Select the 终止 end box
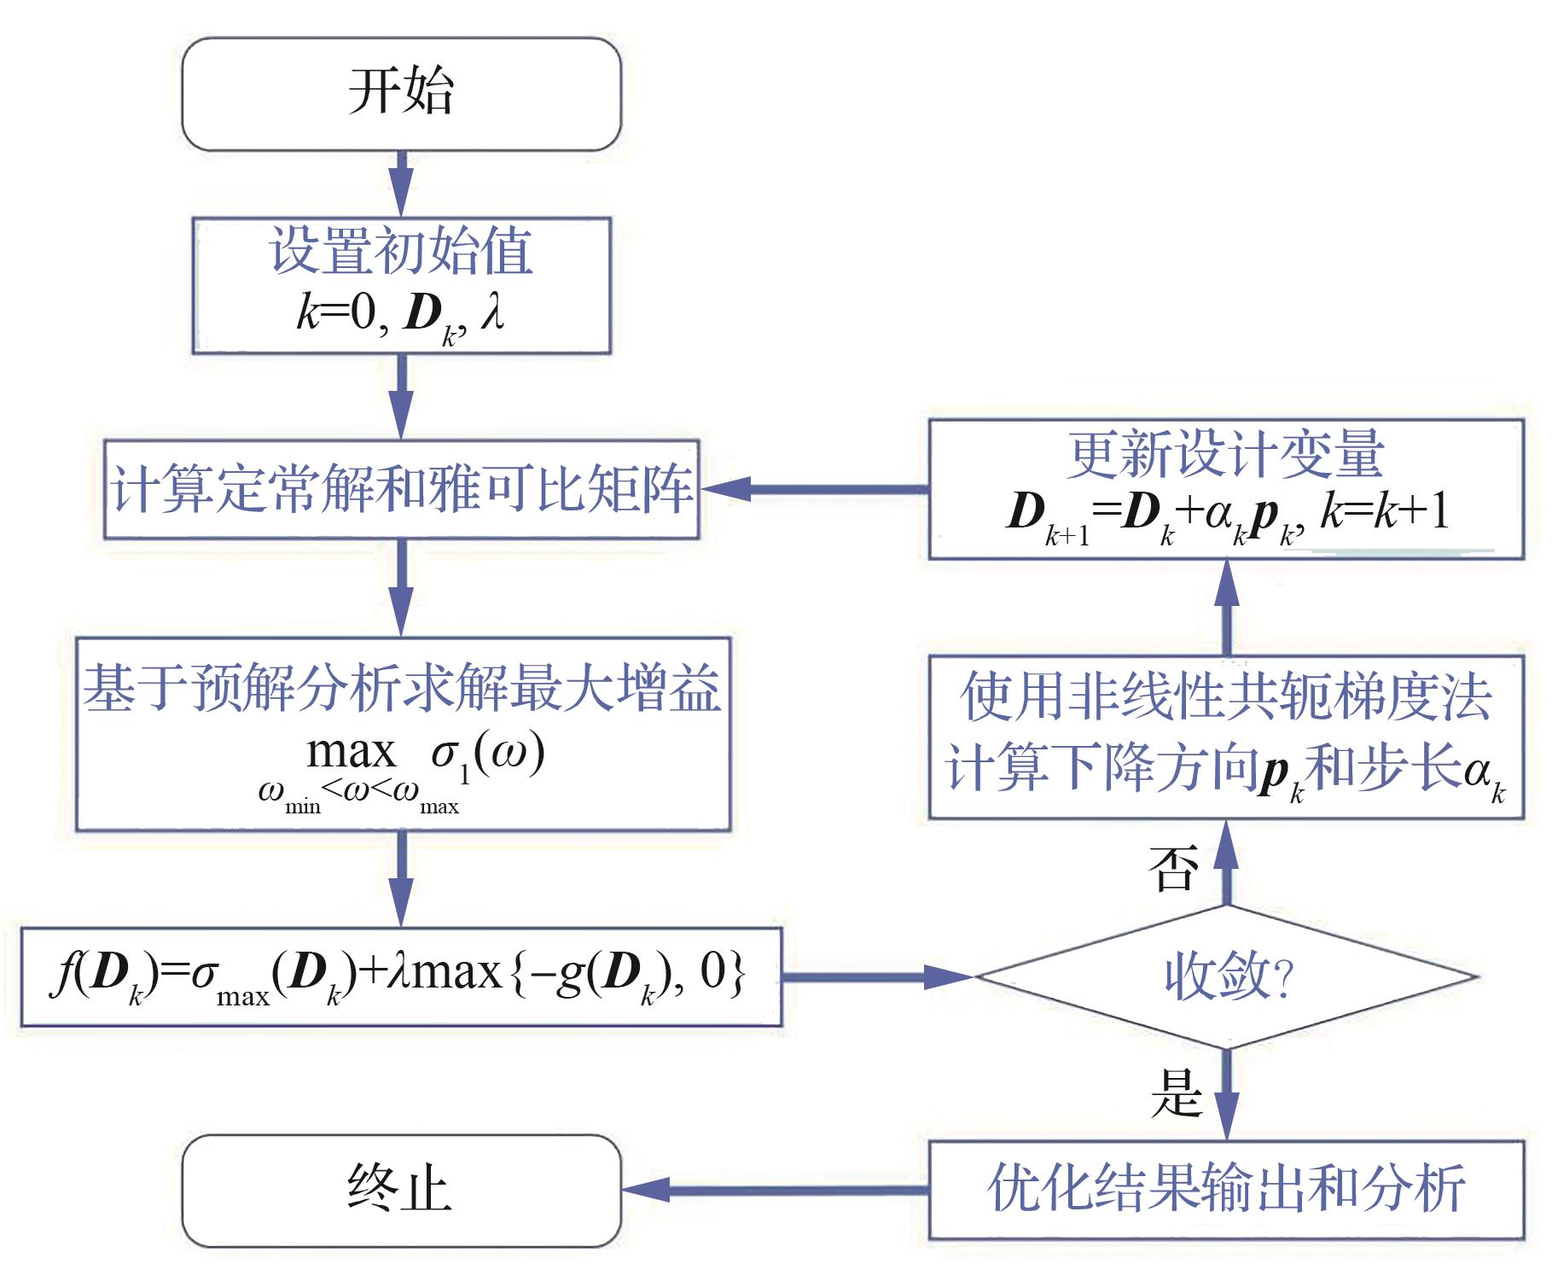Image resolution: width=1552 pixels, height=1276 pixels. pyautogui.click(x=401, y=1190)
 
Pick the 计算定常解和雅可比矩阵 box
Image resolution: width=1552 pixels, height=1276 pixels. pyautogui.click(x=401, y=489)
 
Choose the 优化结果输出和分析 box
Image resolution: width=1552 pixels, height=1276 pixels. pyautogui.click(x=1226, y=1188)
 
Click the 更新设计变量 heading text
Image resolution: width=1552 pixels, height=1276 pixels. pyautogui.click(x=1225, y=457)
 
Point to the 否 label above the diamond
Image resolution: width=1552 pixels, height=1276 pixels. pyautogui.click(x=1174, y=870)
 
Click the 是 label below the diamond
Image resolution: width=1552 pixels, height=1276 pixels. pyautogui.click(x=1177, y=1093)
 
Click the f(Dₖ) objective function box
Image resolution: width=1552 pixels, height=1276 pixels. pyautogui.click(x=401, y=976)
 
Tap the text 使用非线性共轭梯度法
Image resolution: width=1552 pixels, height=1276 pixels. pyautogui.click(x=1226, y=697)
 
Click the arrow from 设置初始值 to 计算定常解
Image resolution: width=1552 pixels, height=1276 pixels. pyautogui.click(x=401, y=397)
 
